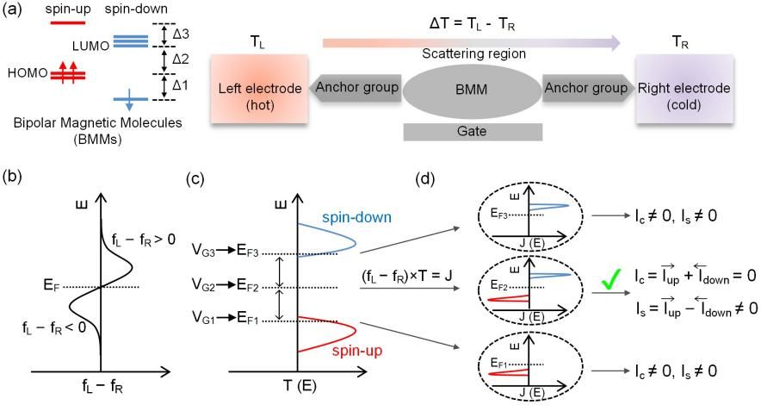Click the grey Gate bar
click(x=473, y=131)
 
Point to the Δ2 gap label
click(x=180, y=60)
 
